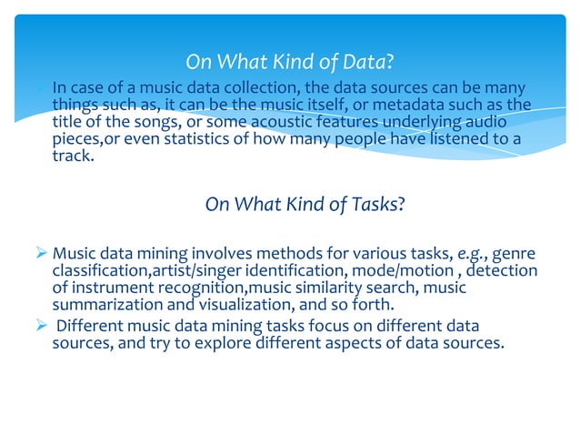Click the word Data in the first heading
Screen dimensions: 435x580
tap(362, 62)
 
